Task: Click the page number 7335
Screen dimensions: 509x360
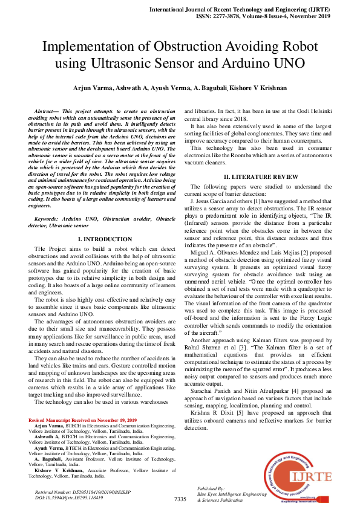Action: click(180, 499)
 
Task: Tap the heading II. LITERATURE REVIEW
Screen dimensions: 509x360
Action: click(261, 177)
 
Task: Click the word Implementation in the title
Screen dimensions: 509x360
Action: click(91, 47)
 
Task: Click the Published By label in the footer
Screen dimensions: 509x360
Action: click(211, 487)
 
